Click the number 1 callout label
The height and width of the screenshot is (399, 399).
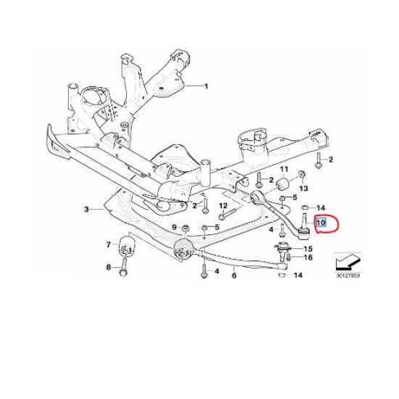206,86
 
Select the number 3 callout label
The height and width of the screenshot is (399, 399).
86,210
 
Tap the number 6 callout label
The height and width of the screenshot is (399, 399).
234,276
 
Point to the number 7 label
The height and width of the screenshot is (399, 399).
109,244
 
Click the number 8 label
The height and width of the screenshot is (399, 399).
109,268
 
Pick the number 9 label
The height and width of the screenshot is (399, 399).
174,227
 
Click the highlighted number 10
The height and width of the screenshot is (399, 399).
321,223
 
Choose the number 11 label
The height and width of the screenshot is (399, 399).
284,169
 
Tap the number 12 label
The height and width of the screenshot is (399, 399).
223,205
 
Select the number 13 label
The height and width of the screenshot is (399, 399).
303,189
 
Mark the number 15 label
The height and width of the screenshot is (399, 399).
308,249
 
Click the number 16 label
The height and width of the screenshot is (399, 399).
308,258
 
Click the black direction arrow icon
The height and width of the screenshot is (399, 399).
347,262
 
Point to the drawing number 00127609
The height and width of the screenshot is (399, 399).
347,276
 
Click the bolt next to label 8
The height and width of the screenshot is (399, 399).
123,267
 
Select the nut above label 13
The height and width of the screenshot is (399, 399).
302,174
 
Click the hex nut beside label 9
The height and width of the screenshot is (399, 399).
186,228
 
